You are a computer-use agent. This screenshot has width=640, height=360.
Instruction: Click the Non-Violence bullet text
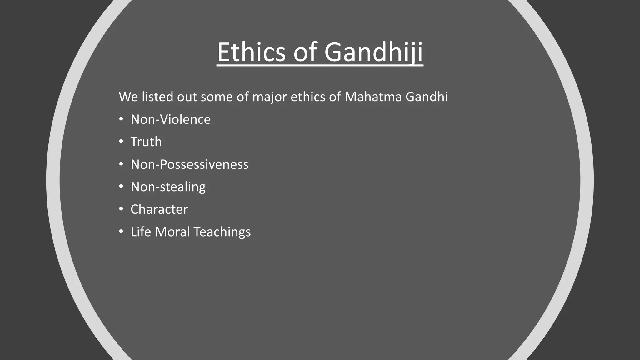click(170, 119)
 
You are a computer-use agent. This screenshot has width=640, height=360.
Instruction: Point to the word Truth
click(146, 142)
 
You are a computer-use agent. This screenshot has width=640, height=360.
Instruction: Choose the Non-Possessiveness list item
click(189, 164)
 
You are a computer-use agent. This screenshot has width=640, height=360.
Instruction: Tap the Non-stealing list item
click(168, 187)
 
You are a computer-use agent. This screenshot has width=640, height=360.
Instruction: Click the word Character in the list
click(159, 209)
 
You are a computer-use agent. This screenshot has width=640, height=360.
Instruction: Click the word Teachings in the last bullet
click(222, 232)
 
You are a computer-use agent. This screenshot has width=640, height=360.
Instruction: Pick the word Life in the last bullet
click(141, 232)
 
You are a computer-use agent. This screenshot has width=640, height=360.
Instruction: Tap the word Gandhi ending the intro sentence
click(427, 97)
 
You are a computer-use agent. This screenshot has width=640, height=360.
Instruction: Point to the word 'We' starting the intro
click(128, 97)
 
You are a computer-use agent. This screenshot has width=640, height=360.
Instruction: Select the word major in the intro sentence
click(269, 97)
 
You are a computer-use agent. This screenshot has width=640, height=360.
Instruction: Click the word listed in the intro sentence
click(157, 97)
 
